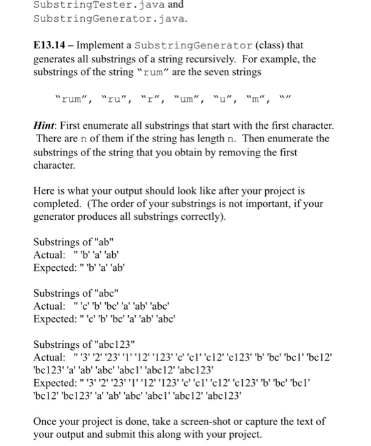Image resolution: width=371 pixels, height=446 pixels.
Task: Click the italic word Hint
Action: tap(44, 127)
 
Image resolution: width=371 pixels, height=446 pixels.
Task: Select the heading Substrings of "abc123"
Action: tap(84, 343)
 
